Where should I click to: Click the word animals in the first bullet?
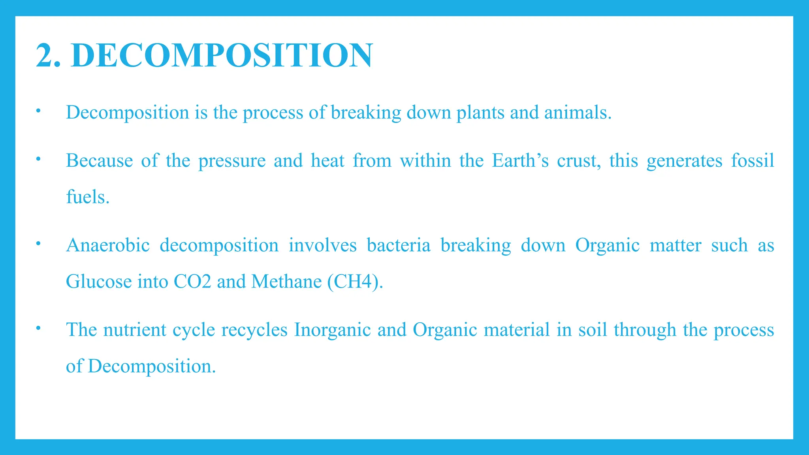pos(578,113)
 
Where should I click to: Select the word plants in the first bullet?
pos(480,113)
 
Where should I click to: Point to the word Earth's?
pos(520,161)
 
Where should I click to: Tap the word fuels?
pos(87,197)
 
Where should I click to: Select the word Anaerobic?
pos(108,245)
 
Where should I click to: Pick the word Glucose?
pos(99,282)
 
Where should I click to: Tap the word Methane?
pos(286,282)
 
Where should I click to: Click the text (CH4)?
pos(355,282)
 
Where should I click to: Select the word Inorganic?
pos(332,330)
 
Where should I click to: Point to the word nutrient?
pos(134,330)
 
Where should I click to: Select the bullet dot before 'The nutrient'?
pos(38,328)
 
